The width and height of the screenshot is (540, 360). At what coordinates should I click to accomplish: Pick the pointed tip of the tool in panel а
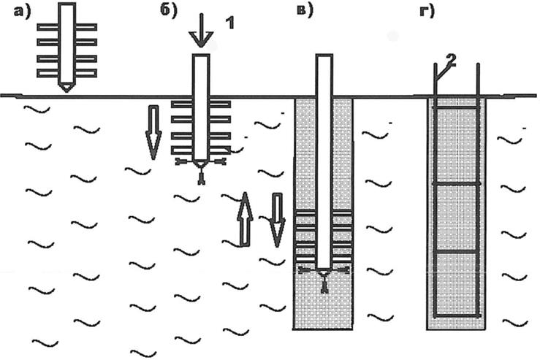[66, 88]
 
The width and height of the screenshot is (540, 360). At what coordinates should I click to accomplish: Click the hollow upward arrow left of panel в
[246, 220]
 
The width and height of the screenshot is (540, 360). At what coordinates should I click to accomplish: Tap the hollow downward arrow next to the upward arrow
[276, 220]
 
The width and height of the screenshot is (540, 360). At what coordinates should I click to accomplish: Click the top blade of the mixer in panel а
[66, 27]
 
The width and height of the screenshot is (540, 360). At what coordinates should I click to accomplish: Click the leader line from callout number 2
[441, 73]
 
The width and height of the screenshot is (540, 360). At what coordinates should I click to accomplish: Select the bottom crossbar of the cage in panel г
[457, 315]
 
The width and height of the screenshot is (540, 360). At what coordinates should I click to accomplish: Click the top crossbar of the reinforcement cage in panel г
[457, 108]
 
